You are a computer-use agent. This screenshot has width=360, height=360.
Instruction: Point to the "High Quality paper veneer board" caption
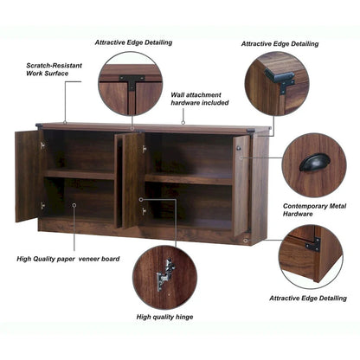tap(67, 259)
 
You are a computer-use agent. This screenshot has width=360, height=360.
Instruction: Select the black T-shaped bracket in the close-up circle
tap(132, 82)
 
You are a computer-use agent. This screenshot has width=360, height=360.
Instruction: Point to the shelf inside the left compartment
tap(79, 175)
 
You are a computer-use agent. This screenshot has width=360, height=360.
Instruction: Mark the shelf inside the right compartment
tap(189, 178)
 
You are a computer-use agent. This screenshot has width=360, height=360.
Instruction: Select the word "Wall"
tap(178, 94)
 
